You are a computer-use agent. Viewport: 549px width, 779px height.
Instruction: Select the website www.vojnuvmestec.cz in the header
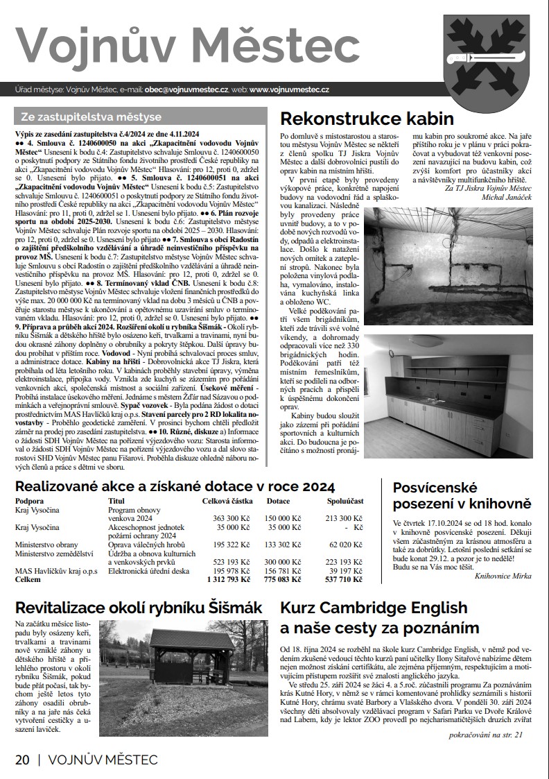[289, 89]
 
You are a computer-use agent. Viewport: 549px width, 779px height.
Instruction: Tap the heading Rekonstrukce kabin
[367, 117]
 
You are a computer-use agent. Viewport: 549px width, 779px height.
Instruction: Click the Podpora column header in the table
[31, 500]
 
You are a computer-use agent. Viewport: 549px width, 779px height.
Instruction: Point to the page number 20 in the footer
[23, 760]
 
